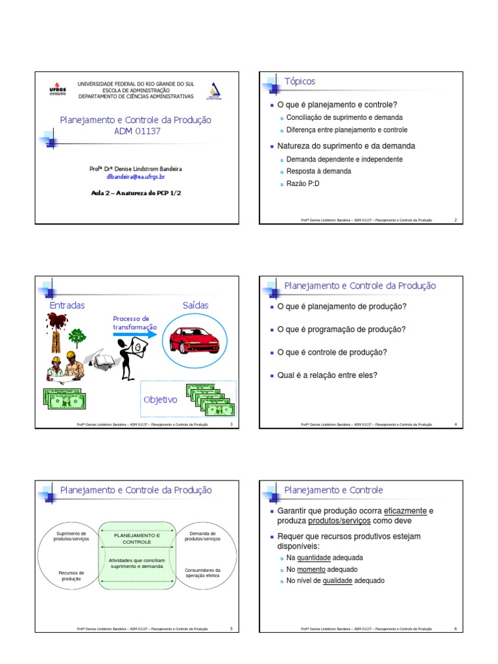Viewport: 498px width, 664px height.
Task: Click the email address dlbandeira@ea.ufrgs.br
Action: [136, 176]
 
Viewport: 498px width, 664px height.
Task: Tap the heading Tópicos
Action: [300, 81]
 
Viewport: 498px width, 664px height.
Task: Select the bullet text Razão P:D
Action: [303, 184]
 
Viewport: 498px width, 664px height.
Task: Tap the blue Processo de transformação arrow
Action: [134, 334]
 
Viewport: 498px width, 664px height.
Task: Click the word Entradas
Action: [67, 305]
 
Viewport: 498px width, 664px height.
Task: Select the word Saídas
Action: [196, 305]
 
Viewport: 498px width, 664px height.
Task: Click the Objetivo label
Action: [160, 399]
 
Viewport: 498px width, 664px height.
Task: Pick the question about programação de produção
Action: [341, 329]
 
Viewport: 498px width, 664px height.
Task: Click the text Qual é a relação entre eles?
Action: [327, 375]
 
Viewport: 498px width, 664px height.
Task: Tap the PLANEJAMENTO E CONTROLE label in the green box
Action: [137, 538]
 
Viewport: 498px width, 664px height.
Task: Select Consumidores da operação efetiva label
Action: [203, 573]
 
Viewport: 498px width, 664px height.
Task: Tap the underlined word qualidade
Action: [337, 581]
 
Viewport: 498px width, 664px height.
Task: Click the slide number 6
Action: [455, 629]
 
